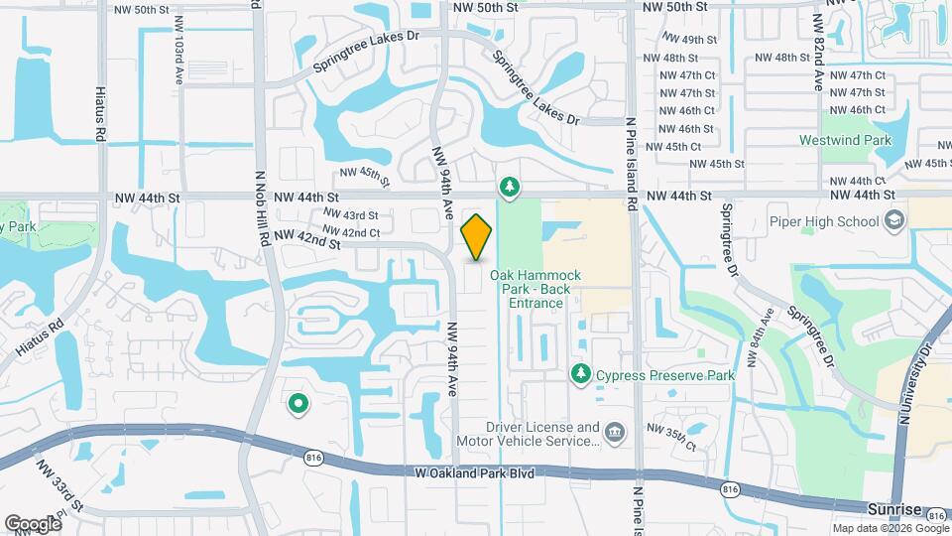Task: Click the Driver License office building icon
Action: click(615, 432)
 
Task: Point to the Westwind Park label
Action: click(845, 140)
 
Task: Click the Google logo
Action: click(33, 523)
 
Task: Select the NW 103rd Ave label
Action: click(178, 47)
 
